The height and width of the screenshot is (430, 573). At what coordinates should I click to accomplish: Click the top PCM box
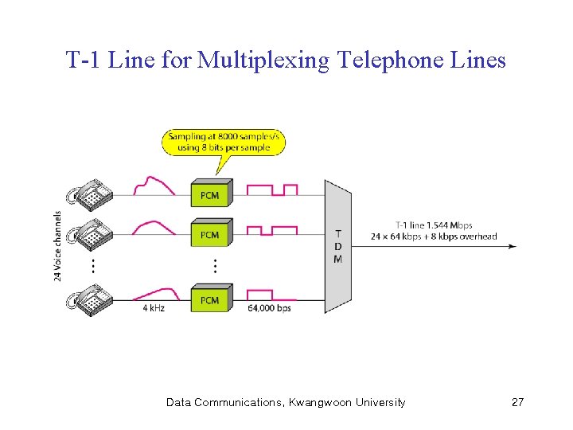tap(210, 195)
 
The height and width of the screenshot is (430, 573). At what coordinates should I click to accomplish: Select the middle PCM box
tap(210, 235)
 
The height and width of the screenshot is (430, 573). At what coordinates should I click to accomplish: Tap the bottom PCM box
tap(210, 300)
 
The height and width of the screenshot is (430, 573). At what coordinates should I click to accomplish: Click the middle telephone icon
tap(90, 233)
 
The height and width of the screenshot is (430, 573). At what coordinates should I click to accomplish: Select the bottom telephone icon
tap(90, 299)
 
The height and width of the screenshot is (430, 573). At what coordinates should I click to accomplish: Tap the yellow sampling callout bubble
tap(224, 143)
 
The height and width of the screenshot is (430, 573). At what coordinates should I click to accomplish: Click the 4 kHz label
tap(154, 308)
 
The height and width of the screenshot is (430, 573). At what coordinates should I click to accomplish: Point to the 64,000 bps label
tap(269, 308)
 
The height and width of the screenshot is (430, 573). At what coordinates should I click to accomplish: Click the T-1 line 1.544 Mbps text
tap(434, 225)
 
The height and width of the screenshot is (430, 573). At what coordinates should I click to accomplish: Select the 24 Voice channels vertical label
tap(58, 246)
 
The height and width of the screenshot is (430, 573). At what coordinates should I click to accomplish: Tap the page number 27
tap(517, 402)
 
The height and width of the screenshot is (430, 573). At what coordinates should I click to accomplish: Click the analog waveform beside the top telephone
tap(154, 186)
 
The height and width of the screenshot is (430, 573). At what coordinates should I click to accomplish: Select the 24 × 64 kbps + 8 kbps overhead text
tap(434, 236)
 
